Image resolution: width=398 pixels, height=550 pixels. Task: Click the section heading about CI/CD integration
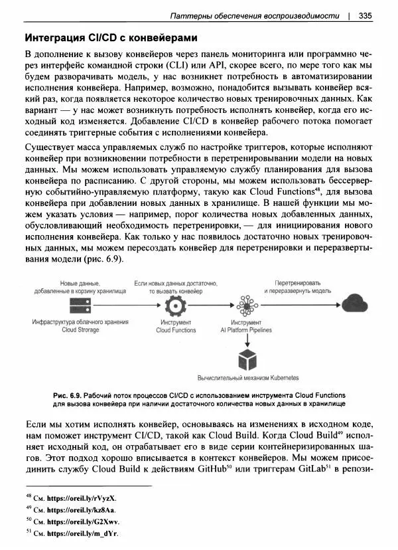click(x=111, y=37)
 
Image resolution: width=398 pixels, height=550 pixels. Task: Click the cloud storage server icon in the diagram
click(x=78, y=306)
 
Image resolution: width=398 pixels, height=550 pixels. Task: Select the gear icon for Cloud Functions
click(x=176, y=306)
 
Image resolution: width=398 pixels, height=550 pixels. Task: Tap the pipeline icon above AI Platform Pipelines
click(x=247, y=306)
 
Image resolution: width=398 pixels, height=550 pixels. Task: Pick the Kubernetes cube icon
click(x=247, y=359)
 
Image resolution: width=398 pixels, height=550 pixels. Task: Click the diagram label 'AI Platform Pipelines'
click(x=247, y=330)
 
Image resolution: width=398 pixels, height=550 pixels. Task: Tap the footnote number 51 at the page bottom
click(x=29, y=532)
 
